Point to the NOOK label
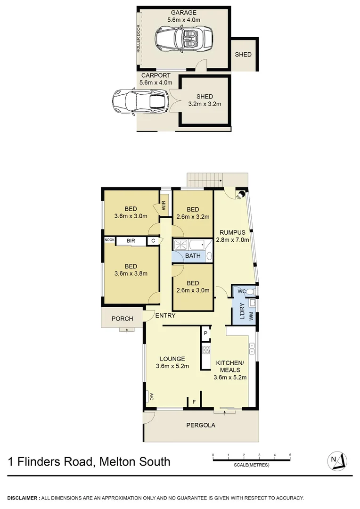click(x=109, y=240)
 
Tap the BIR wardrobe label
click(x=131, y=241)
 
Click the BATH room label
click(x=193, y=256)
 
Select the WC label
click(x=241, y=291)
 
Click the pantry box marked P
click(x=205, y=333)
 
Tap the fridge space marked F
click(x=194, y=402)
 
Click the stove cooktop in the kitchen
click(x=205, y=350)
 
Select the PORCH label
click(x=122, y=319)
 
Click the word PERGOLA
click(x=201, y=425)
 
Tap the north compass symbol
click(x=338, y=460)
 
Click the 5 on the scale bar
click(x=290, y=455)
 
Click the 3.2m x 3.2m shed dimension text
click(x=205, y=104)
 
